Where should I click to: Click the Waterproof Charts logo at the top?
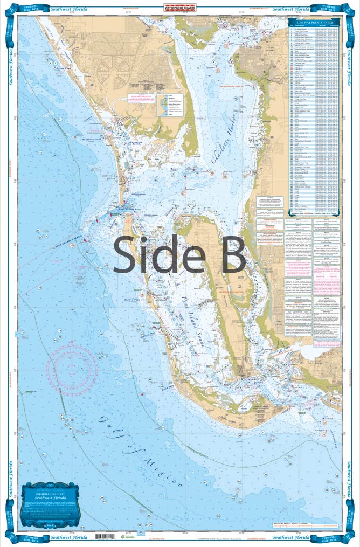(179, 8)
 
